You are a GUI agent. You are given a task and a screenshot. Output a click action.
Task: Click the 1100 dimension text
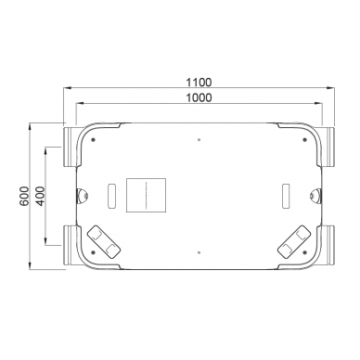click(x=198, y=81)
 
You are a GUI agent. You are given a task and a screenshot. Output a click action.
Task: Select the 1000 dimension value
click(x=198, y=97)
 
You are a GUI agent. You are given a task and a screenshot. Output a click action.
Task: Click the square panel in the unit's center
click(x=146, y=196)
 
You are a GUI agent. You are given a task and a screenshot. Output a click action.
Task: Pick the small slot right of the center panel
click(x=283, y=196)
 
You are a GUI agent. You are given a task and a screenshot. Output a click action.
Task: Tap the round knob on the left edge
click(x=81, y=196)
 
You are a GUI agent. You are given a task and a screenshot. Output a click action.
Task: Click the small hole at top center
click(x=199, y=140)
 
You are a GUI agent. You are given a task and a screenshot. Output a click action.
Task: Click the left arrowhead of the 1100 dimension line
click(x=65, y=88)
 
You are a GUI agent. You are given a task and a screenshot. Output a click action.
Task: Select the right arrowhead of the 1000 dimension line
click(x=318, y=105)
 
